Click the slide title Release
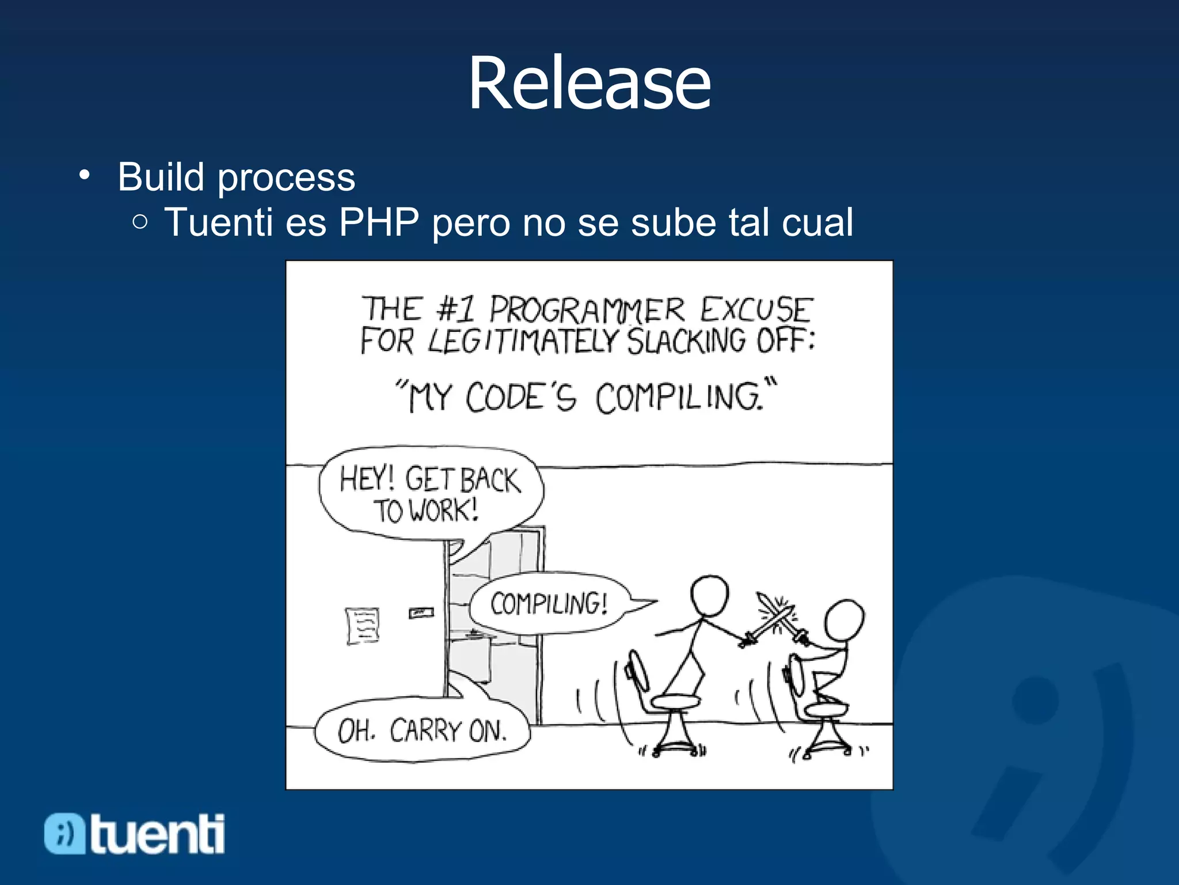coord(589,84)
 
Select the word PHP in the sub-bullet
coord(378,222)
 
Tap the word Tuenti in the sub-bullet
coord(218,222)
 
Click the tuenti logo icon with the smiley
coord(64,834)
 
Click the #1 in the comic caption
coord(456,309)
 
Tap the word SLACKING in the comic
coord(686,341)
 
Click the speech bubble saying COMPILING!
coord(549,604)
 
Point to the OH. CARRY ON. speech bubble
coord(422,731)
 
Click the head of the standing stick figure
coord(709,596)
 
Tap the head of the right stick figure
coord(844,621)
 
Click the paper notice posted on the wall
coord(363,626)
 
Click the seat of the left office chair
coord(675,701)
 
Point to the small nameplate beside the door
coord(421,612)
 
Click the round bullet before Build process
coord(85,175)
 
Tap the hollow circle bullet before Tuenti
coord(140,222)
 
